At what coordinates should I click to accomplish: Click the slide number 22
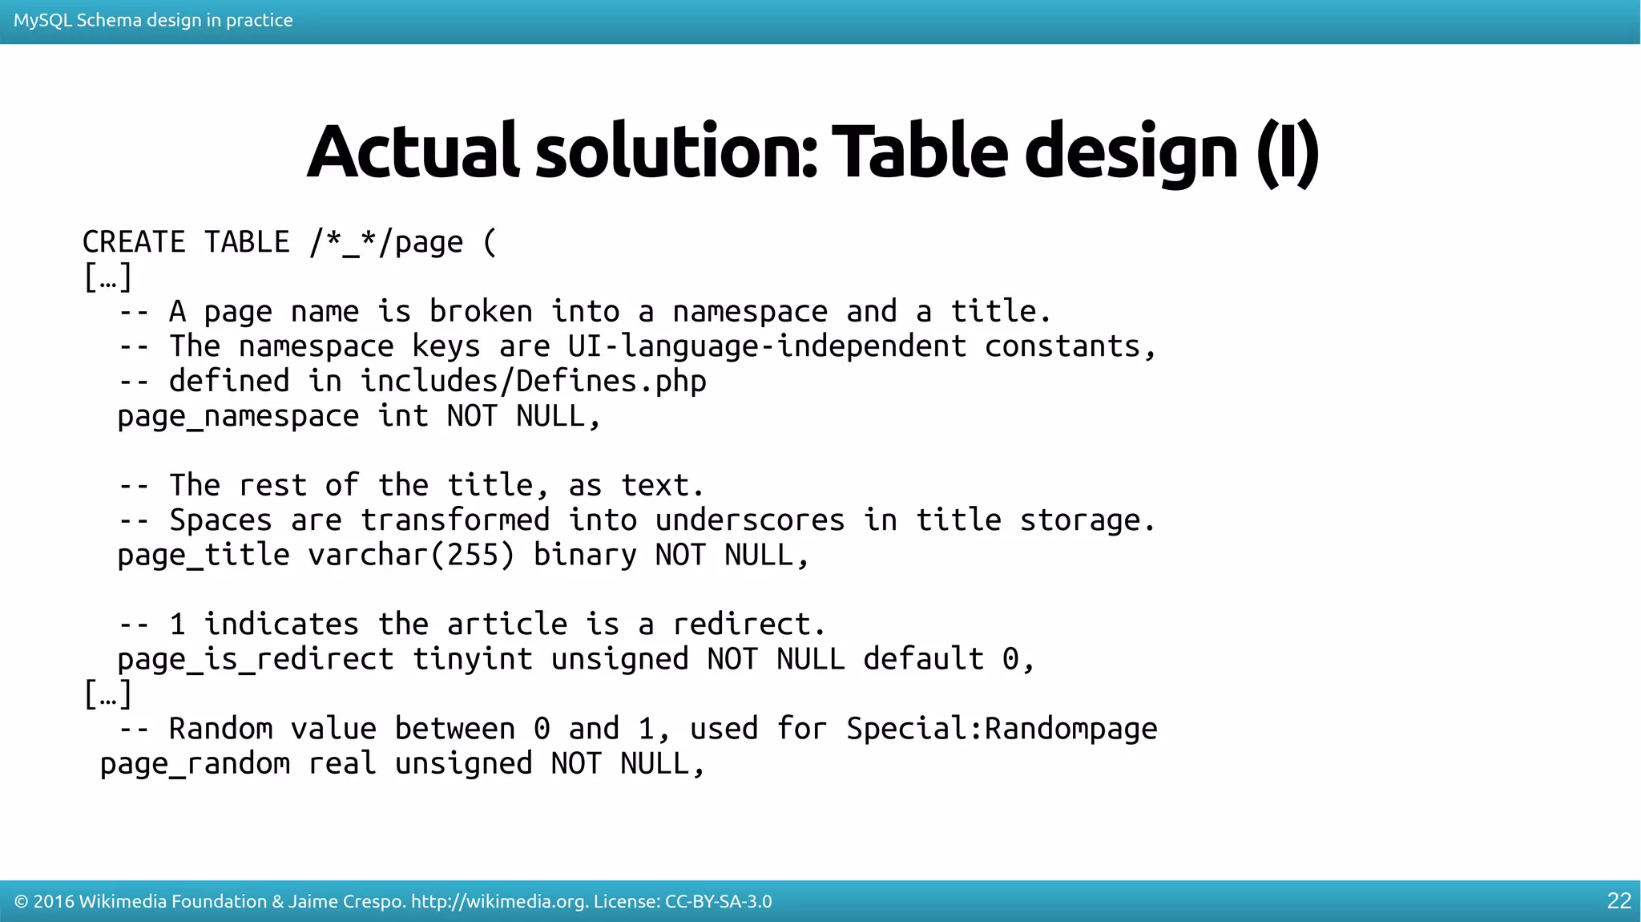tap(1619, 901)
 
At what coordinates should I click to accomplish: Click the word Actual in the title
tap(413, 152)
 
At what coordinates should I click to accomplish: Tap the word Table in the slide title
tap(920, 152)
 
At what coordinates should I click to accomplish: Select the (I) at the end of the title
tap(1287, 152)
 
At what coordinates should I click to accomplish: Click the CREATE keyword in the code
tap(134, 242)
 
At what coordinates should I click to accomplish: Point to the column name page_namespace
tap(238, 416)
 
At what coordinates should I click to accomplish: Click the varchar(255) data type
tap(411, 555)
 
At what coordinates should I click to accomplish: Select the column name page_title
tap(204, 555)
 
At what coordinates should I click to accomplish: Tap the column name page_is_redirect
tap(256, 659)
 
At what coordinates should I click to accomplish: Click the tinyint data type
tap(473, 659)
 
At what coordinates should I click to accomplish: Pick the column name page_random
tap(195, 763)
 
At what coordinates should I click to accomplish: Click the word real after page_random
tap(342, 763)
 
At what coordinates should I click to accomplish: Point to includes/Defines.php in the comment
tap(533, 381)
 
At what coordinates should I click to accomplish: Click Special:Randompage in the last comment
tap(1002, 729)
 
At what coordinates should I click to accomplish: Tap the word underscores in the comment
tap(750, 520)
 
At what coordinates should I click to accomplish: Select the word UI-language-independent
tap(767, 346)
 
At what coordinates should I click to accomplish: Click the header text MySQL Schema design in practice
tap(153, 20)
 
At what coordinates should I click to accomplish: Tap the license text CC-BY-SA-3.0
tap(718, 902)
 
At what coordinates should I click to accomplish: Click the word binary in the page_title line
tap(585, 555)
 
